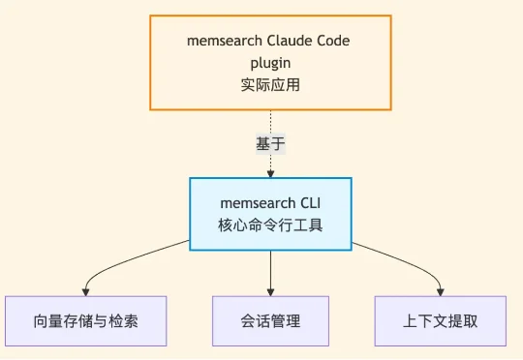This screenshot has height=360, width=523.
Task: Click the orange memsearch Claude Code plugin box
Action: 270,62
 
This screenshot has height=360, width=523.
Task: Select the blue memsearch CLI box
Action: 270,214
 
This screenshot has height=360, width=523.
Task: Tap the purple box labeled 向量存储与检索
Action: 85,320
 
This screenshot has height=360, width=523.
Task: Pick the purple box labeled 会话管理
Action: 270,320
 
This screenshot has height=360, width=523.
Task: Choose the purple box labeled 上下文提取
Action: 441,320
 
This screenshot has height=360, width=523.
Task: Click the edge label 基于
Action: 270,143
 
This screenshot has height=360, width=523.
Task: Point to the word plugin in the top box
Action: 270,62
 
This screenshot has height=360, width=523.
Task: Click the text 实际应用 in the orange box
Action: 270,84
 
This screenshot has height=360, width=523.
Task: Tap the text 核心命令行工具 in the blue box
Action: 270,225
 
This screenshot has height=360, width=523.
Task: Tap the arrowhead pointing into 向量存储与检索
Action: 85,291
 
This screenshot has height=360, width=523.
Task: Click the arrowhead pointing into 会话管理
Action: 270,291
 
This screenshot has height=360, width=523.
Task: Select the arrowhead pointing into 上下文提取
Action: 442,291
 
